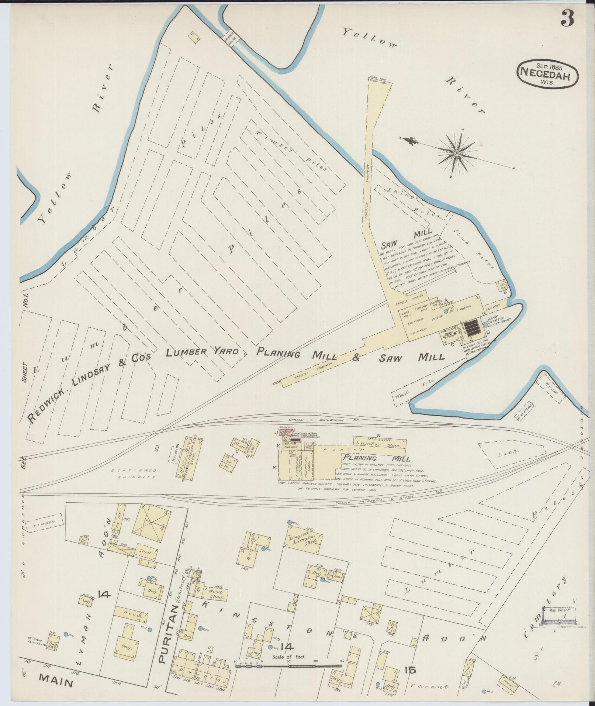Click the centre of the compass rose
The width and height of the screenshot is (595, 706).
pos(457,153)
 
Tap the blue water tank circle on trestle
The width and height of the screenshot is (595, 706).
pos(485,325)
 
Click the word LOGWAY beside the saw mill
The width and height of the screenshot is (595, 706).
pos(494,307)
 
